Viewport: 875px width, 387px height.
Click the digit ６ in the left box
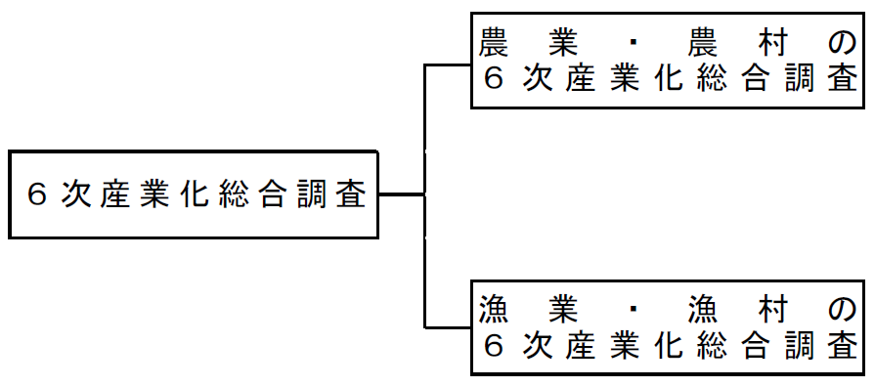point(37,195)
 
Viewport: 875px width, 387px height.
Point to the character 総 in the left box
point(234,195)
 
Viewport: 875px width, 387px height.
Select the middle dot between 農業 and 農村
point(635,42)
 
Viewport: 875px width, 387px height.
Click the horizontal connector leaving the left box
point(401,195)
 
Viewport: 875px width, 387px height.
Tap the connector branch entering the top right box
point(448,65)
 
